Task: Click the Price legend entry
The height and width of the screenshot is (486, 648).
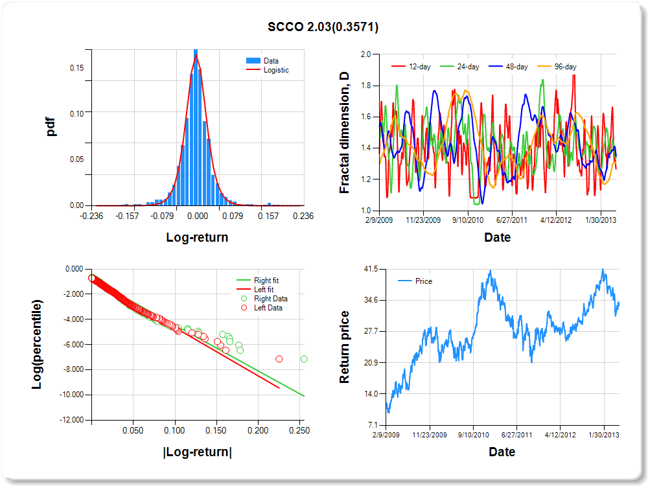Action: coord(423,281)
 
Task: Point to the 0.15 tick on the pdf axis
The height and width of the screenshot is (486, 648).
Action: coord(76,67)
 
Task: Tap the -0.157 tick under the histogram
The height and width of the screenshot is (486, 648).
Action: coord(127,216)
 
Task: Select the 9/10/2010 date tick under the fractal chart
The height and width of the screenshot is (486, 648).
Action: coord(468,220)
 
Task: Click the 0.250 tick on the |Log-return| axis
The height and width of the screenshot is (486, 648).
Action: coord(299,430)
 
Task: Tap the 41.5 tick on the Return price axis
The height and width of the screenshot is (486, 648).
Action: coord(368,269)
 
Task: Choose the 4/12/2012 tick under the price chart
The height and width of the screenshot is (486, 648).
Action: coord(560,435)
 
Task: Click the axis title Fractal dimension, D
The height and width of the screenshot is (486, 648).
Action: coord(345,133)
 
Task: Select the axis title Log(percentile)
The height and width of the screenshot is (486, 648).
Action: coord(38,344)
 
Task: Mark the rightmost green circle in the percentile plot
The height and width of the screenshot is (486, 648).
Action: coord(304,359)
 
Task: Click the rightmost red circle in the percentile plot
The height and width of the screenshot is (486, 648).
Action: coord(279,359)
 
